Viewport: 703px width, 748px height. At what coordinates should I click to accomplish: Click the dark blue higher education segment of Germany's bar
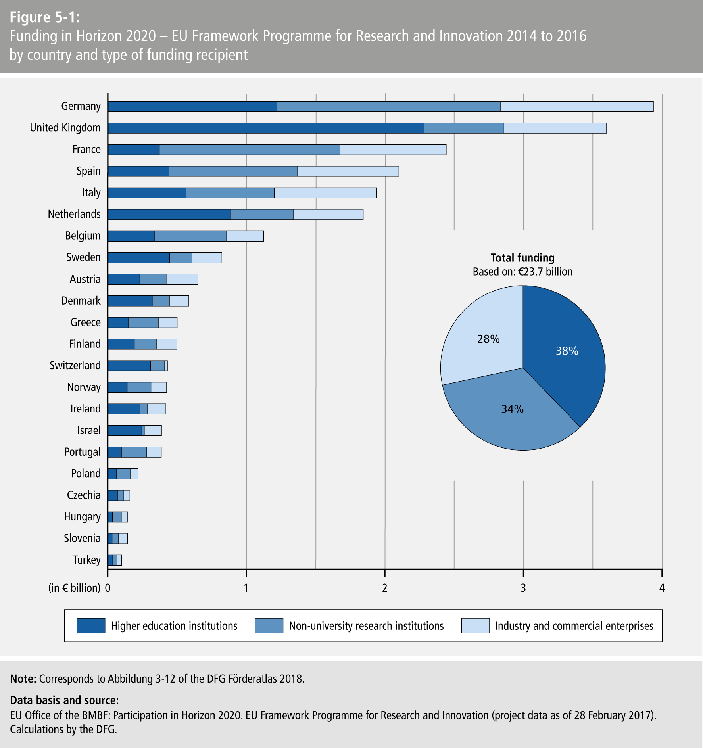point(192,107)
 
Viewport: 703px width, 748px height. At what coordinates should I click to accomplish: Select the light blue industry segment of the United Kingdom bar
point(555,128)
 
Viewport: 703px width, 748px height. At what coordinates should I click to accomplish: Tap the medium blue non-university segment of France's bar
point(249,150)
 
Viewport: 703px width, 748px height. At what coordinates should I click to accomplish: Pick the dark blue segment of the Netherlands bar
point(169,214)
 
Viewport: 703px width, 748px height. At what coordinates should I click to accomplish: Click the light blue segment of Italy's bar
point(325,193)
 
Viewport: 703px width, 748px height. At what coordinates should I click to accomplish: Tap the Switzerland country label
point(75,365)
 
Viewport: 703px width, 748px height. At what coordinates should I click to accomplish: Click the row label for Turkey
point(86,560)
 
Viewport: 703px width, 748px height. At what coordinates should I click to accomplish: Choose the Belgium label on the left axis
point(83,236)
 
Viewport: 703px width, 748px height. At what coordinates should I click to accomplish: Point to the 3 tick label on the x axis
point(523,588)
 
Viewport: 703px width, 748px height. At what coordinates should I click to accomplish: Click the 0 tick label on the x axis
point(108,588)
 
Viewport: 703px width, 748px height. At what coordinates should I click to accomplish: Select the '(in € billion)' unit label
point(74,588)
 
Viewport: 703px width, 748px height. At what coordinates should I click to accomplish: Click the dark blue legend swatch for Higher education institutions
point(91,625)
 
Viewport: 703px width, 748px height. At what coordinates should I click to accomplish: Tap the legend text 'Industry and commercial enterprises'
point(574,626)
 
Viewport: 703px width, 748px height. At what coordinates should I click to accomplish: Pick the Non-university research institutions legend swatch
point(269,625)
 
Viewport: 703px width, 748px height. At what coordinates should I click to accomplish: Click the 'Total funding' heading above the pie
point(522,258)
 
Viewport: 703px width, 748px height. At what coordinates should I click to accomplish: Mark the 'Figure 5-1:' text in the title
point(44,17)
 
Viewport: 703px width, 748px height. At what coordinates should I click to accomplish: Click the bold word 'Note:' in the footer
point(23,679)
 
